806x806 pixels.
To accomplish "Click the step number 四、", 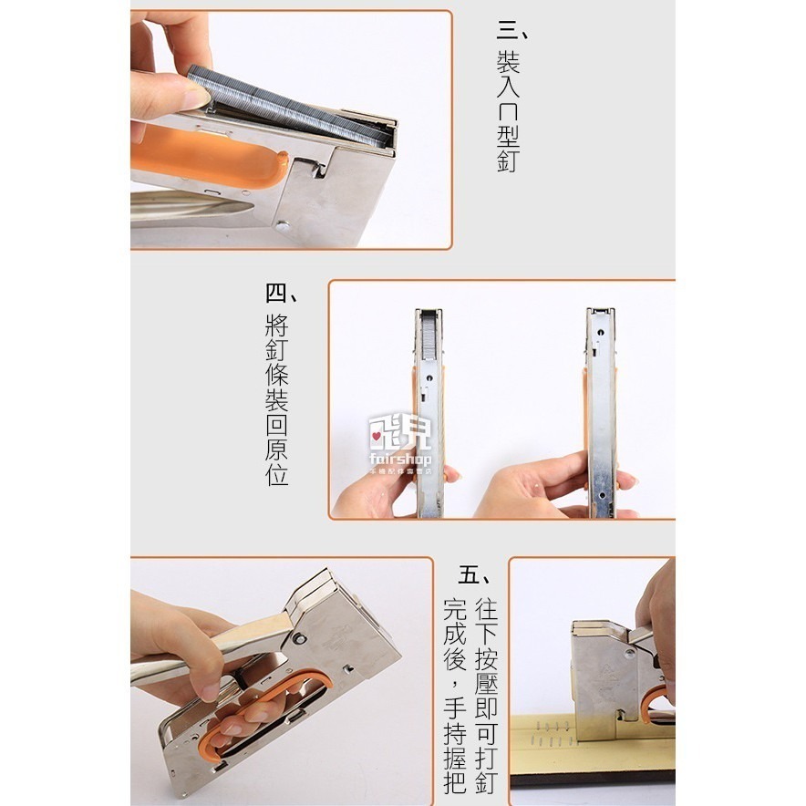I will tap(282, 294).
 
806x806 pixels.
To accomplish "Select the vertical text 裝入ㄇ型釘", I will tap(509, 111).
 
